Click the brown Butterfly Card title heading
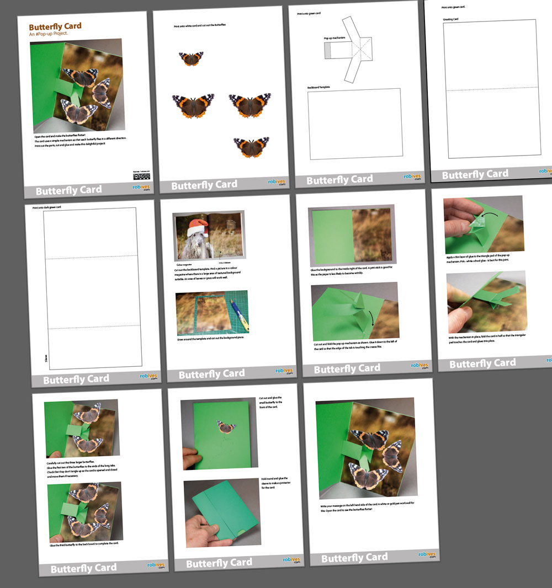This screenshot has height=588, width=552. coord(55,26)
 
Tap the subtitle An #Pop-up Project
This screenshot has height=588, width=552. coord(49,34)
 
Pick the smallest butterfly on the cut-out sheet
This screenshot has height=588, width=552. coord(191,58)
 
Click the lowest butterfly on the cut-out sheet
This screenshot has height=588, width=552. coord(251,147)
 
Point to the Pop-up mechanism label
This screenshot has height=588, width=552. coord(335,39)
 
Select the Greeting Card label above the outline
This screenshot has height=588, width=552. coord(452,19)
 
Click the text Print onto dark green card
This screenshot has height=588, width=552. coord(47,207)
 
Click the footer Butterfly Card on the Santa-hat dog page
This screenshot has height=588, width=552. coord(211,375)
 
